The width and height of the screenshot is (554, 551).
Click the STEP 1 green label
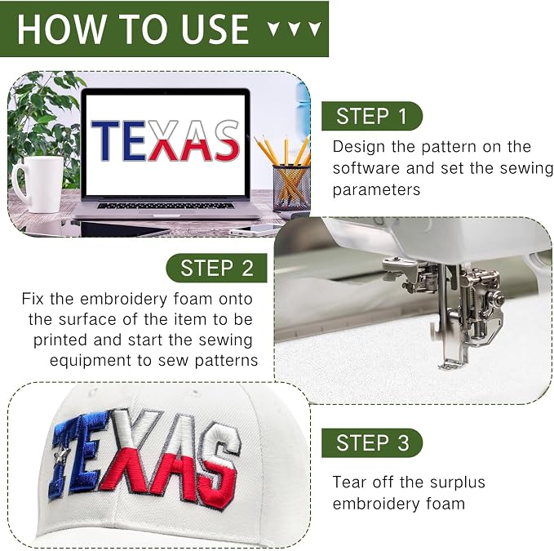click(372, 116)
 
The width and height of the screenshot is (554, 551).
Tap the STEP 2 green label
click(216, 268)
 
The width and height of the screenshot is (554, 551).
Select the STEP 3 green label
click(372, 443)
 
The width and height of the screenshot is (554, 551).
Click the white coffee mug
click(38, 184)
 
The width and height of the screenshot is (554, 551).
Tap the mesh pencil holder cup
click(291, 187)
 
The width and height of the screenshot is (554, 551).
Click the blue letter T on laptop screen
click(105, 140)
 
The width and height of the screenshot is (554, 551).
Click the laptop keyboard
click(166, 206)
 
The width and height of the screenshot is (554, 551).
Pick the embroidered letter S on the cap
click(220, 466)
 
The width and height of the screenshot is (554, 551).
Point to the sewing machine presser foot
click(453, 363)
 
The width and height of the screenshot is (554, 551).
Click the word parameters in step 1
click(376, 190)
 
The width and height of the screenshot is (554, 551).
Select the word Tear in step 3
click(349, 482)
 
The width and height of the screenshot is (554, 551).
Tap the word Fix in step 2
click(33, 299)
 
